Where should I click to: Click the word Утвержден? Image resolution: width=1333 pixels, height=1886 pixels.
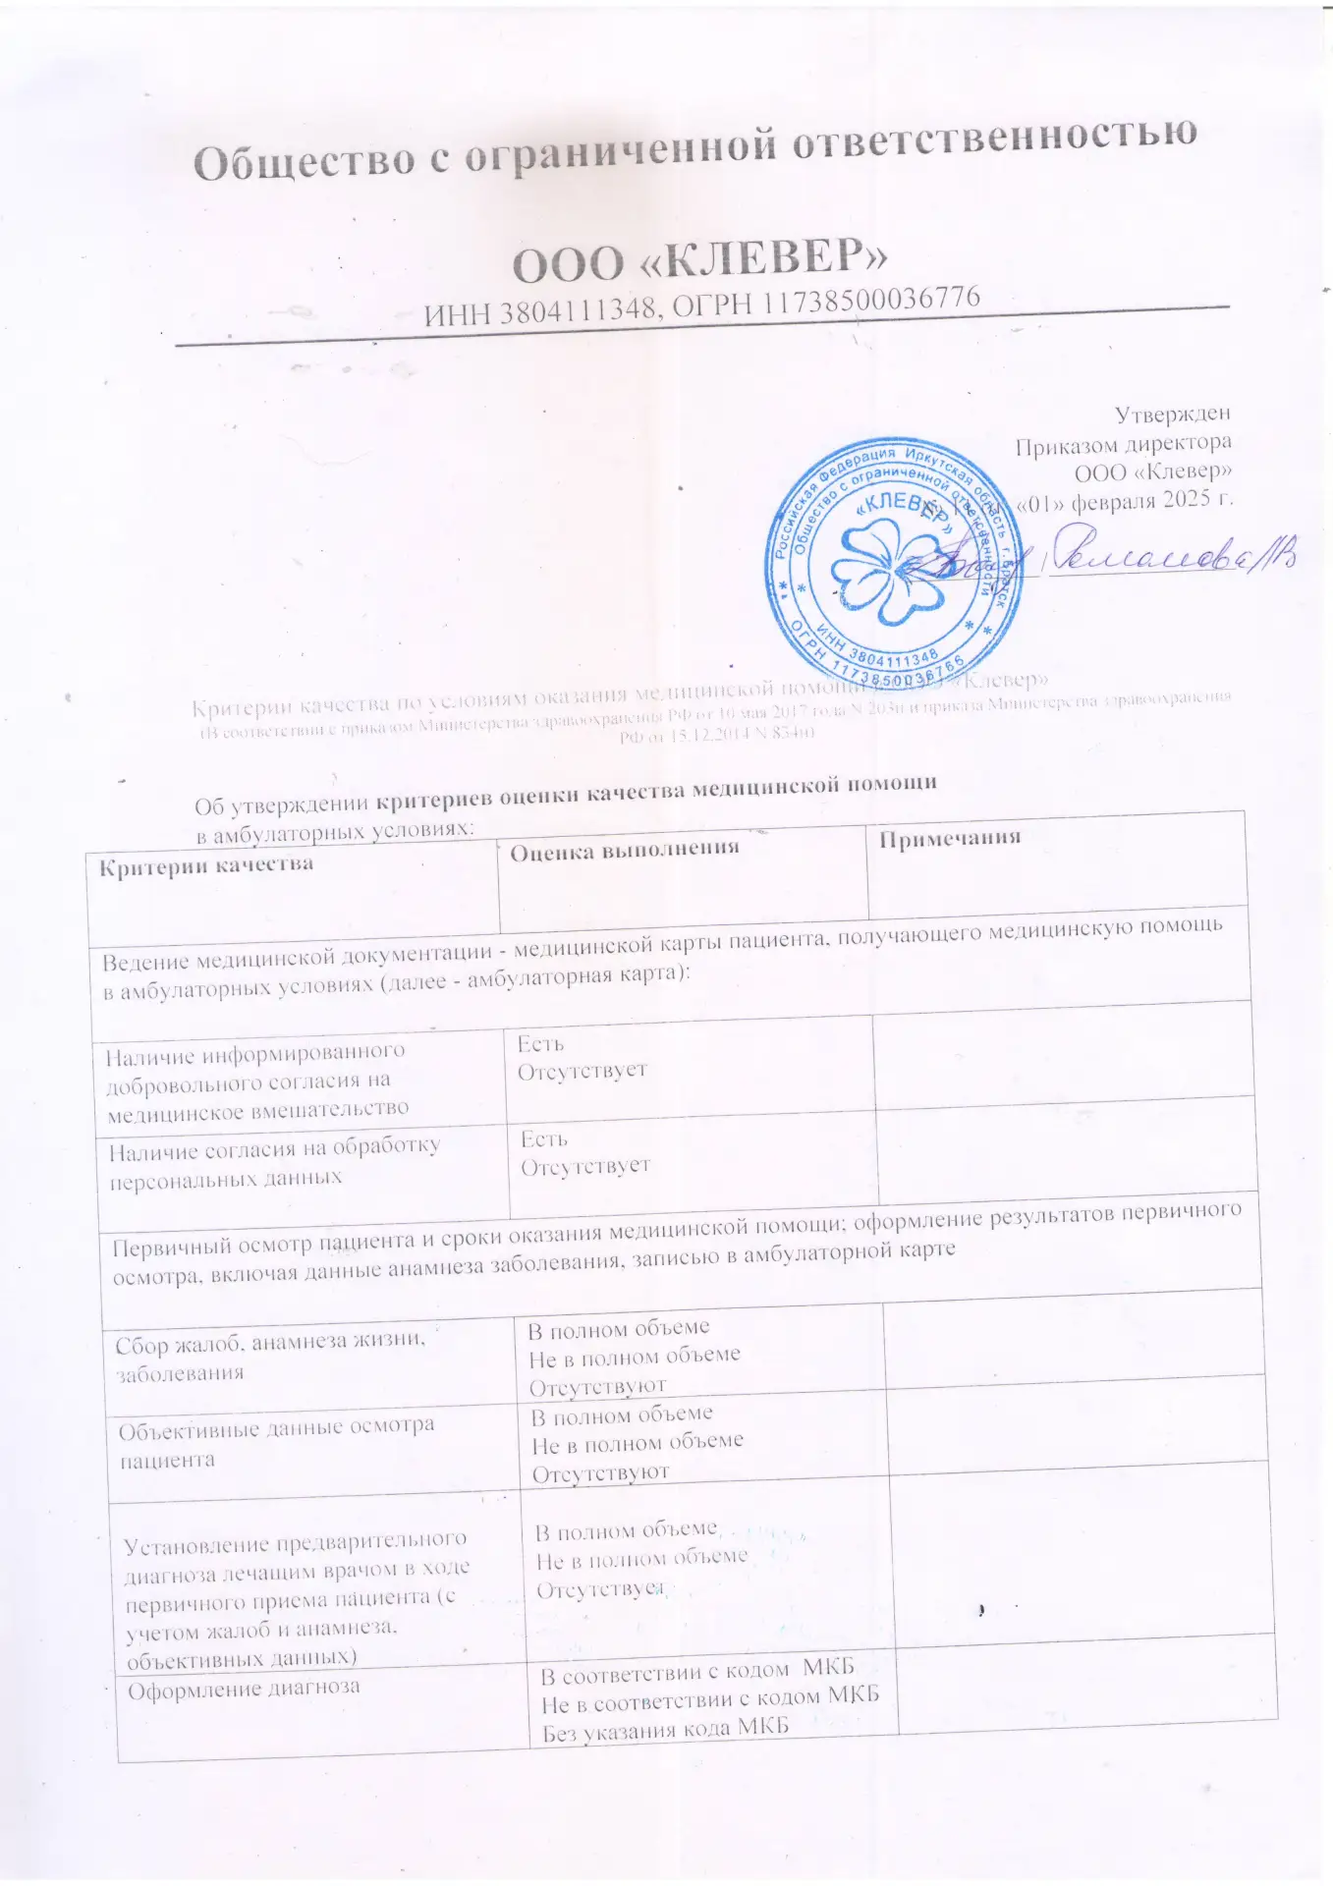[1172, 416]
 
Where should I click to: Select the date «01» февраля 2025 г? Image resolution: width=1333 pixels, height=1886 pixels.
[1124, 501]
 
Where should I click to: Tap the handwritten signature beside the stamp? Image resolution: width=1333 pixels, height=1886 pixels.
[1169, 558]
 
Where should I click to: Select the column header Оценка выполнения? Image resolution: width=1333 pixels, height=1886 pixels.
[624, 850]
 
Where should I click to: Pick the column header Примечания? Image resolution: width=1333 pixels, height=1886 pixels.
[949, 838]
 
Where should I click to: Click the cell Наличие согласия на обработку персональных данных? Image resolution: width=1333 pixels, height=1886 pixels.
[274, 1162]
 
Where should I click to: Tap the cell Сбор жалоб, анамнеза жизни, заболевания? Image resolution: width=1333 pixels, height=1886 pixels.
[270, 1356]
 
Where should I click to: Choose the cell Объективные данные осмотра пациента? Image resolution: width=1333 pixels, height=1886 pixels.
[276, 1442]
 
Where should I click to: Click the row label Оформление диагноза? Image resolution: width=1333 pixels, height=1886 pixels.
[244, 1690]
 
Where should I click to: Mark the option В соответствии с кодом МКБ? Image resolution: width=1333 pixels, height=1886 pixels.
[697, 1671]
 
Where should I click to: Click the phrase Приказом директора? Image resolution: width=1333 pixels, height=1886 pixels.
[1123, 445]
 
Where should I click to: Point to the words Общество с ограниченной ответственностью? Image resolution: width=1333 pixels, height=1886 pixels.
[694, 149]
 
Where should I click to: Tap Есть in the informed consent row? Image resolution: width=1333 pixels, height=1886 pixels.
[540, 1044]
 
